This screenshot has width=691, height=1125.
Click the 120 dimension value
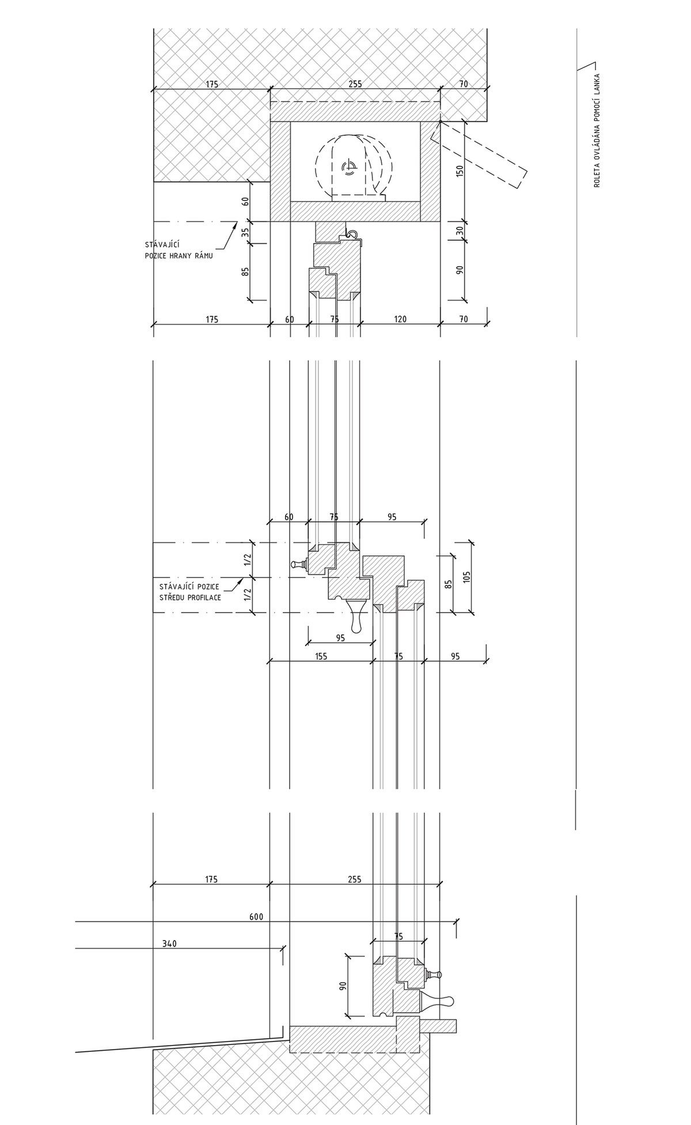[401, 319]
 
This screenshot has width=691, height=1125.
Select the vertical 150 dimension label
[460, 171]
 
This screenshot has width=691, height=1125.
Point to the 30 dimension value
[460, 229]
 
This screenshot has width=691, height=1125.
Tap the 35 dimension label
[245, 233]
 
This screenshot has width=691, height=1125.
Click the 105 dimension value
[466, 576]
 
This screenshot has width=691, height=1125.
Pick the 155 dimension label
[321, 656]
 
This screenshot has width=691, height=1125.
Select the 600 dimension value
[256, 917]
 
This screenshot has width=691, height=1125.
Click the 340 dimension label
[169, 944]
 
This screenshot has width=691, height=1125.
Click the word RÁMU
[203, 256]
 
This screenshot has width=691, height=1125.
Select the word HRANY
[179, 256]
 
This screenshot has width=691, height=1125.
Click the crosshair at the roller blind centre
[348, 168]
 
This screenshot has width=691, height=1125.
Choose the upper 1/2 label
[248, 560]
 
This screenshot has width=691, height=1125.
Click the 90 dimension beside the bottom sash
[343, 985]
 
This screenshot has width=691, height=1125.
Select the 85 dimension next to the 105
[449, 584]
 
